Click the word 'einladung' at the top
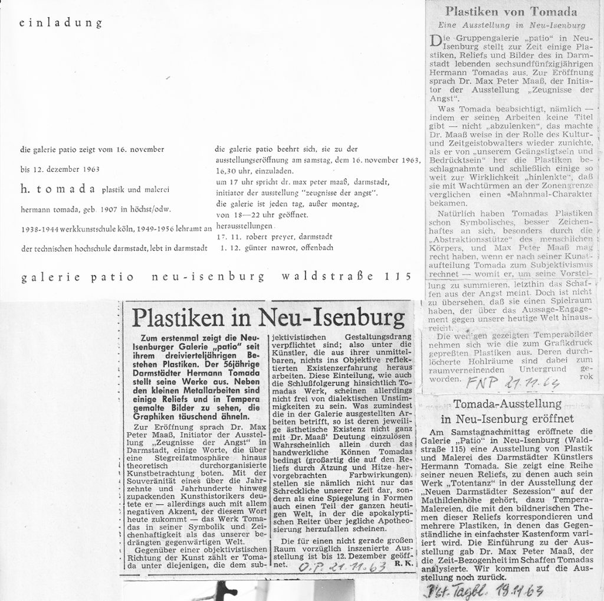tap(61, 24)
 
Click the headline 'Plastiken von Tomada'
tap(511, 11)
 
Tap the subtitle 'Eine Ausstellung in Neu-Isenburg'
tap(511, 25)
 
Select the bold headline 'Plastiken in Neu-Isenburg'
tap(268, 317)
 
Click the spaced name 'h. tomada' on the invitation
tap(58, 188)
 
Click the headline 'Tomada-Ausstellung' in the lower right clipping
tap(507, 404)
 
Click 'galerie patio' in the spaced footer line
tap(78, 277)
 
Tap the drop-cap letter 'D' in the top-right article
tap(436, 42)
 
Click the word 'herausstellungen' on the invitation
tap(244, 226)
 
